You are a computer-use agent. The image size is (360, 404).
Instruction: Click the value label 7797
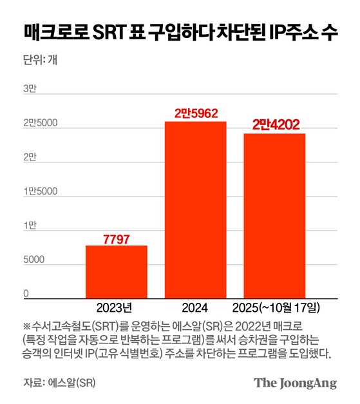point(117,239)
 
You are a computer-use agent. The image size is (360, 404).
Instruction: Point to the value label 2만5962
point(196,113)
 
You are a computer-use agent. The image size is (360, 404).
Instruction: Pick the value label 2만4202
point(275,125)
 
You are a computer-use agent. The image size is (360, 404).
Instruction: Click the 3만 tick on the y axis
point(30,89)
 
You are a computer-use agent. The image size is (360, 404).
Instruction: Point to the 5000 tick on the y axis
point(35,260)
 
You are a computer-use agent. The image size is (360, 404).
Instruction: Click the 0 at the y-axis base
point(27,294)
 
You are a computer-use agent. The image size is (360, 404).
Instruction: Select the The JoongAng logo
point(295,382)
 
